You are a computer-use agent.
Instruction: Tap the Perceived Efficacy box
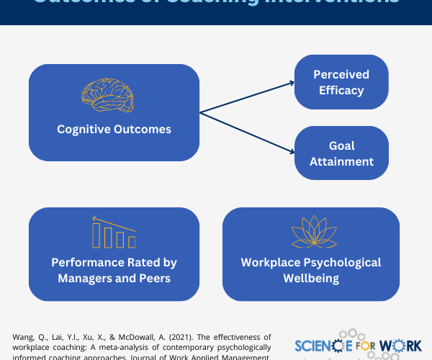(x=341, y=83)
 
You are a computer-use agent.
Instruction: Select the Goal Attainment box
(x=341, y=153)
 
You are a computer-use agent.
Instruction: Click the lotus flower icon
(x=310, y=232)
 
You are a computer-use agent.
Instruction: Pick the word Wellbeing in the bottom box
(x=311, y=278)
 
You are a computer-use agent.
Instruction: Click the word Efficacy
(x=341, y=91)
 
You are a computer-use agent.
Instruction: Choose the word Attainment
(x=341, y=161)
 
